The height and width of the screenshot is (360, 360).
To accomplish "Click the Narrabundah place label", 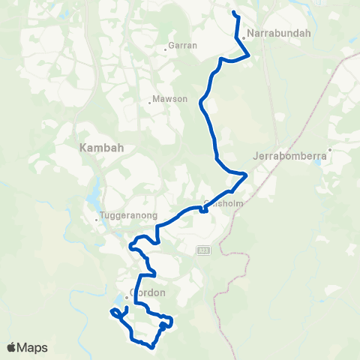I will pyautogui.click(x=268, y=34).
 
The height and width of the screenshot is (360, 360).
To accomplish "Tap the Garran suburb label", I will pyautogui.click(x=184, y=46).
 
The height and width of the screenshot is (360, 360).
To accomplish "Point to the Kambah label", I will pyautogui.click(x=96, y=148).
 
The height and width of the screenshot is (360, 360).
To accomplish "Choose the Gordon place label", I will pyautogui.click(x=147, y=292).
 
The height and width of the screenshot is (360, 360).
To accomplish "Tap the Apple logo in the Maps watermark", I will pyautogui.click(x=13, y=347).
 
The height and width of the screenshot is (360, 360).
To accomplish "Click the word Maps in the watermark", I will pyautogui.click(x=34, y=347).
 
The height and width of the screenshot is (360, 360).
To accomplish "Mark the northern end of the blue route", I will pyautogui.click(x=234, y=13).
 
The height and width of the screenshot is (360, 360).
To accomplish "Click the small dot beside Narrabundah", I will pyautogui.click(x=244, y=39).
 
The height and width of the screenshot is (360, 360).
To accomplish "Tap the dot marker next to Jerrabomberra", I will pyautogui.click(x=329, y=149).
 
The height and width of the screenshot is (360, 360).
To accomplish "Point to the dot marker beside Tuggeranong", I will pyautogui.click(x=97, y=220).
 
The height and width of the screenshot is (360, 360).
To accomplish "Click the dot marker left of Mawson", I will pyautogui.click(x=149, y=103).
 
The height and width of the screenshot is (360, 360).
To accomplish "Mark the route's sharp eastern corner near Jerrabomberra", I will pyautogui.click(x=246, y=175).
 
